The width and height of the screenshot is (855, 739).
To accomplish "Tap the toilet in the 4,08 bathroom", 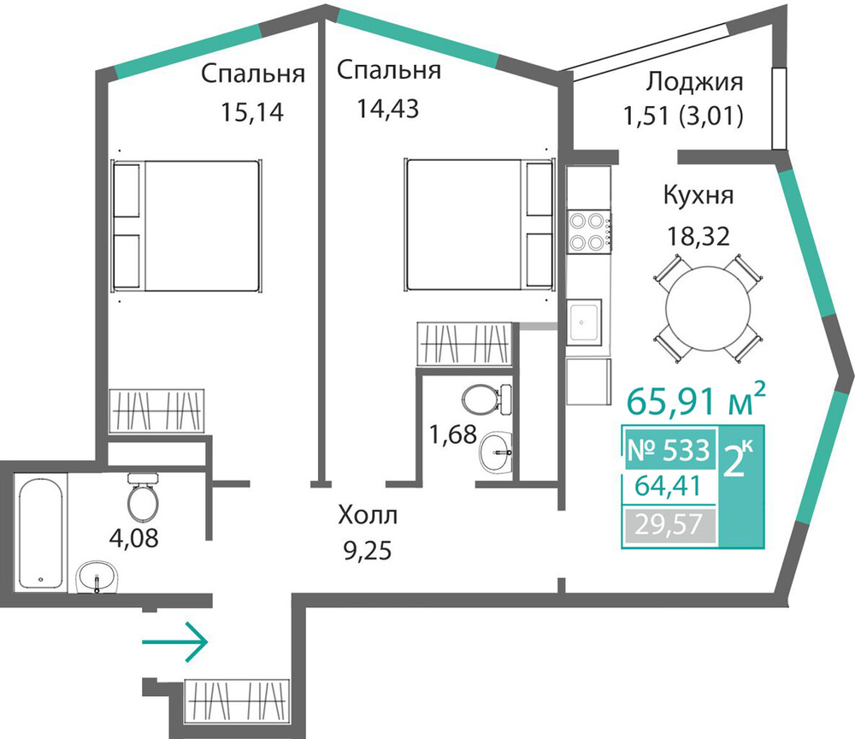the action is click(143, 495).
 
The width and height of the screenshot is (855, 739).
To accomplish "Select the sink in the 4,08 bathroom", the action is click(97, 577).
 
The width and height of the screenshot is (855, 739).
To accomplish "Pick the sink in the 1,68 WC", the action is click(496, 451).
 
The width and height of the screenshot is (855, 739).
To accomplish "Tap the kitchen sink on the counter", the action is click(584, 322).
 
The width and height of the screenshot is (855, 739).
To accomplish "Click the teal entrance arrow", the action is click(175, 642).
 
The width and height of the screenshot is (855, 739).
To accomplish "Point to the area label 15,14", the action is click(252, 112).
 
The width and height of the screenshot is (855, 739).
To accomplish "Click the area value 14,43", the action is click(387, 108).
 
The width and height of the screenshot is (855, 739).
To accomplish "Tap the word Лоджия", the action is click(694, 82).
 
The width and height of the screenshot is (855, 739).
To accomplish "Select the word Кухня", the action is click(699, 195).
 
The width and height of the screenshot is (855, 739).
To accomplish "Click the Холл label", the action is click(368, 515).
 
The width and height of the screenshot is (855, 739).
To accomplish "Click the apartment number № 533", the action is click(669, 451).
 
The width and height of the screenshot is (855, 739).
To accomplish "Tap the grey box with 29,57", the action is click(669, 525).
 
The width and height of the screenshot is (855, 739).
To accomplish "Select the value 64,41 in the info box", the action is click(668, 486).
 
